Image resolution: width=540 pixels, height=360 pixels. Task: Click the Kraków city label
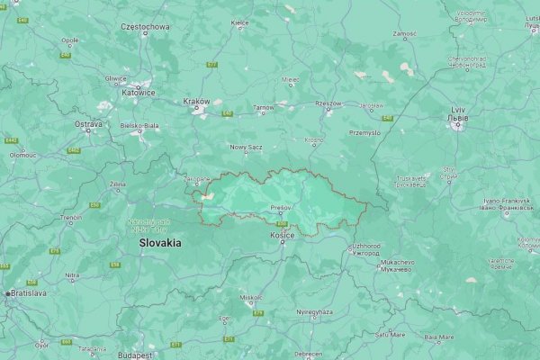coord(196,102)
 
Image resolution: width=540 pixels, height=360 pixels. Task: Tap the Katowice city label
coord(139,92)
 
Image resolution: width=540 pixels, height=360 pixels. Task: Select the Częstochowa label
coord(145,27)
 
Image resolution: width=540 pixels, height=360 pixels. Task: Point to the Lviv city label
coord(458,110)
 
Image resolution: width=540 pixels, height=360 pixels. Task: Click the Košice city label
coord(283,235)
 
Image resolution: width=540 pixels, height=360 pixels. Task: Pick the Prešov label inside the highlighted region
coord(281,208)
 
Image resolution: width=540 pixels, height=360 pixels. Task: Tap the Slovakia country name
coord(159,243)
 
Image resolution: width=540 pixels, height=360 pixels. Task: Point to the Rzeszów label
coord(328,103)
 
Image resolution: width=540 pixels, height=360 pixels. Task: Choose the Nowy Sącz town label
coord(244,147)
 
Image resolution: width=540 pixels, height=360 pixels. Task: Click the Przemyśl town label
coord(364,132)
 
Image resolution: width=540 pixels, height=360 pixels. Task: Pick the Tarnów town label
coord(264,108)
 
